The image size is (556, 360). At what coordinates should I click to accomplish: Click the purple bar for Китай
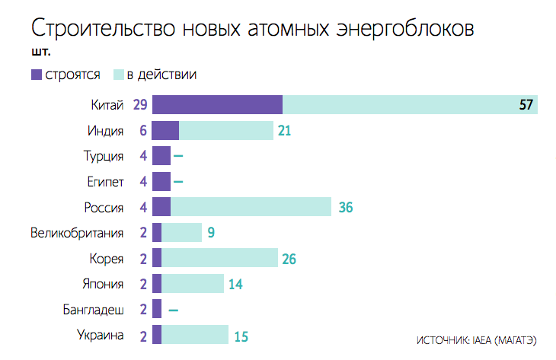pos(217,105)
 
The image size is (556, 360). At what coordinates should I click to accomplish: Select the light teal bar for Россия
pos(251,207)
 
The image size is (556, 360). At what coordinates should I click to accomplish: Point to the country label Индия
pos(106,131)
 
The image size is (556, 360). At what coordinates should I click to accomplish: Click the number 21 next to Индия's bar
pos(285,131)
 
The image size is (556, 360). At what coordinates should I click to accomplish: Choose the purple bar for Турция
pos(161,156)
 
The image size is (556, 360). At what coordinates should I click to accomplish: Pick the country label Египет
pos(105,182)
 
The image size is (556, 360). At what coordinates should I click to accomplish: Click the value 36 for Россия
pos(345,207)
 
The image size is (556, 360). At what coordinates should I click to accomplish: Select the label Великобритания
pos(77,233)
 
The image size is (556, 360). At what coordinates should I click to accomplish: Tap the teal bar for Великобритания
pos(181,233)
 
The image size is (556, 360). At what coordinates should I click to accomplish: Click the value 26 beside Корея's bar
pos(289,259)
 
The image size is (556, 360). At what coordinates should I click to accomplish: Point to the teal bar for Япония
pos(193,284)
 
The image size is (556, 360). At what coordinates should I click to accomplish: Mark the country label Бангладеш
pos(94,310)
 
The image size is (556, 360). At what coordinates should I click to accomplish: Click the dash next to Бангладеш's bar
pos(174,311)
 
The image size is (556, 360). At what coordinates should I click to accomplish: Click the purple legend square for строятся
pos(37,75)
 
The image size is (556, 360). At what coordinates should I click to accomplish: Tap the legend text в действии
pos(161,75)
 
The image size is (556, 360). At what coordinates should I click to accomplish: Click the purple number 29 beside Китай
pos(139,105)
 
